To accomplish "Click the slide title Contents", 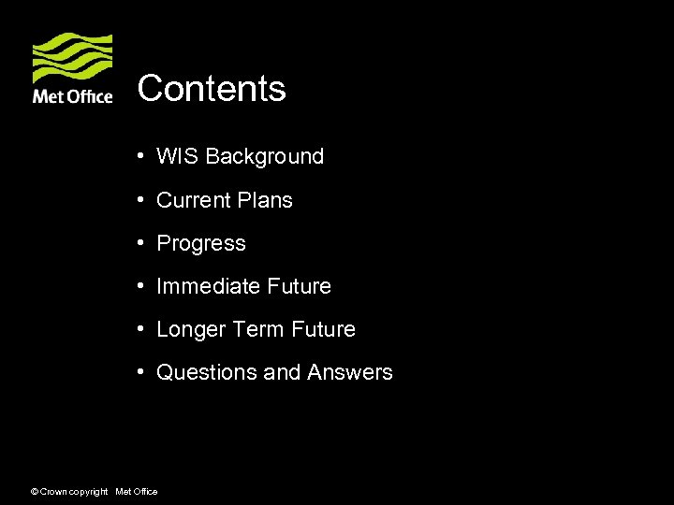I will pos(212,89).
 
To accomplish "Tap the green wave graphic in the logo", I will pos(73,58).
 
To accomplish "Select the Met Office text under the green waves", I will pos(73,96).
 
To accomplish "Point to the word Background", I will pos(265,157).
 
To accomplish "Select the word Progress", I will pos(201,244).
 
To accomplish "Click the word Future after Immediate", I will pos(299,286).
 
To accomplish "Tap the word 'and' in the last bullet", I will pos(282,372).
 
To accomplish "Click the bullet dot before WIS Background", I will pos(138,156).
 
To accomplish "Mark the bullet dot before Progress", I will pos(138,243).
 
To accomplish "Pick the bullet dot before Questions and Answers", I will pos(138,372).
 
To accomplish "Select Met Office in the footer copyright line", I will pos(136,492).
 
